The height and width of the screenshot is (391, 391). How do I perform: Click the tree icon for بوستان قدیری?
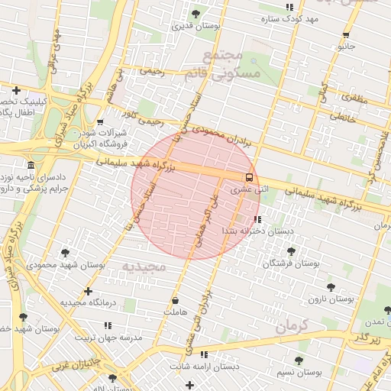pos(196,14)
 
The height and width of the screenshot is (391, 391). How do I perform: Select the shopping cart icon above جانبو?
pos(346,35)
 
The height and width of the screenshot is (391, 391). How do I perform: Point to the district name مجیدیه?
pos(144,267)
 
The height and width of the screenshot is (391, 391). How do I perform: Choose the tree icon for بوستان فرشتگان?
pos(290,251)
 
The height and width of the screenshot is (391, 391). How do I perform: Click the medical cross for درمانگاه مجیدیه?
pos(89,291)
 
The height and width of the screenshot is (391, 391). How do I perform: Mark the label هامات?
pos(174,312)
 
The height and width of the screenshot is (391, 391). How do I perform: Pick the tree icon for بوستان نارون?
pos(331,287)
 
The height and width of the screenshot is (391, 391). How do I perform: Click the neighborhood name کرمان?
pos(291,327)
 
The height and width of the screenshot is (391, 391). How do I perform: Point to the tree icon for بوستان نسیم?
pos(299,361)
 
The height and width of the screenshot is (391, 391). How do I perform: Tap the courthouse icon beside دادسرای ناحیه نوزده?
pos(31,166)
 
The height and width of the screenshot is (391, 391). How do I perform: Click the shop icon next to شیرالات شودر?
pos(100,121)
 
